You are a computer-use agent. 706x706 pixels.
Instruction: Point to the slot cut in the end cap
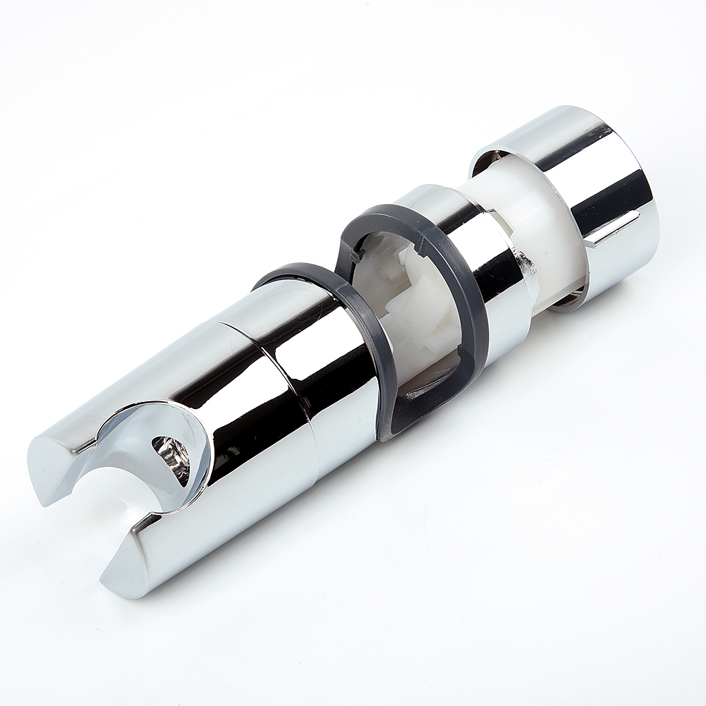614,229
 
